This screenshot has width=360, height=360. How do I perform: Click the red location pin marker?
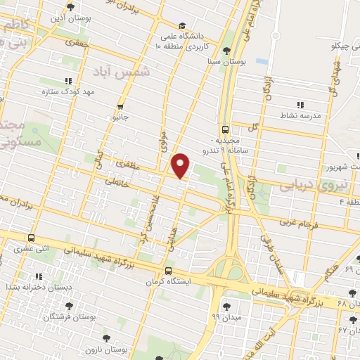[x=181, y=166]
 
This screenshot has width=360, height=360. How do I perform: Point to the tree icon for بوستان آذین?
[x=70, y=7]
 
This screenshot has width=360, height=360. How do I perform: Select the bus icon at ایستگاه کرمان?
[x=167, y=271]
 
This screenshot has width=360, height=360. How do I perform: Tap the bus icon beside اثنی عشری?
[x=31, y=238]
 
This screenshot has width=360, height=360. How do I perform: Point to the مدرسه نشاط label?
[x=300, y=115]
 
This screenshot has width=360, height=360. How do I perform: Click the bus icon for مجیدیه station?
[x=225, y=129]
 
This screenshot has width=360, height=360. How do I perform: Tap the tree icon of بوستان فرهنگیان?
[x=69, y=306]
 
